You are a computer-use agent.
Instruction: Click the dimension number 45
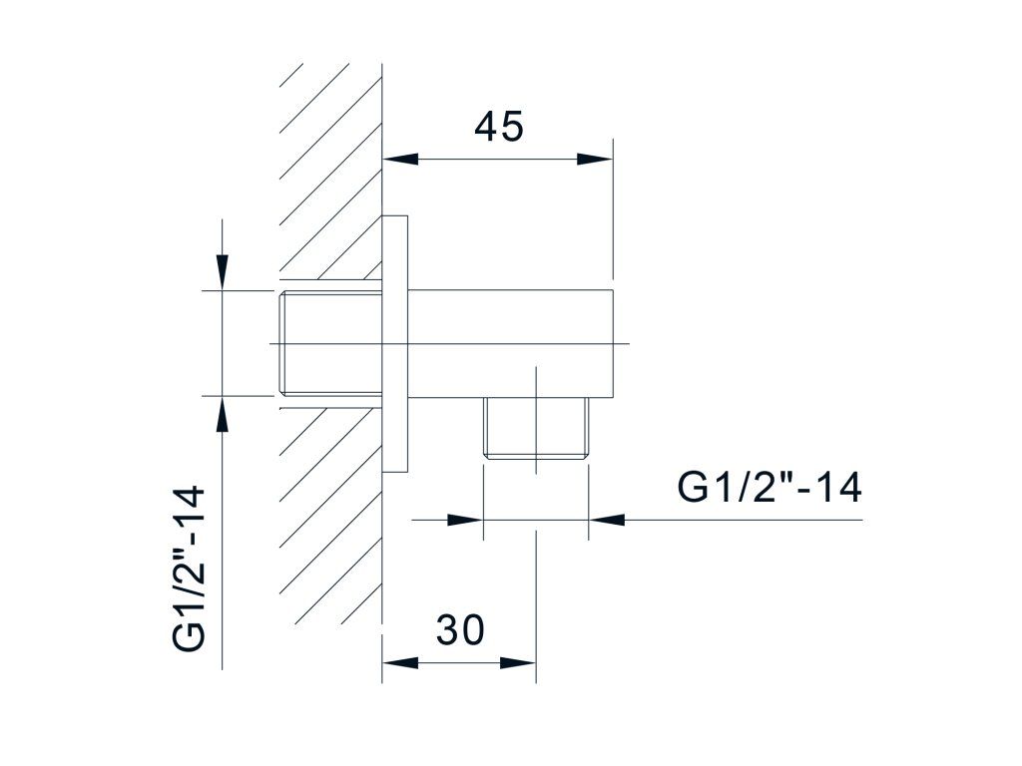pos(499,127)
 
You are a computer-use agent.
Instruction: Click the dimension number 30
pos(460,630)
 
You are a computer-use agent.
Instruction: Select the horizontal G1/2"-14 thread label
pos(769,487)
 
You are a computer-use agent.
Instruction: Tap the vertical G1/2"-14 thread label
pos(189,568)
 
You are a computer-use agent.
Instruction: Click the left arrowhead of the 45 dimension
pos(399,159)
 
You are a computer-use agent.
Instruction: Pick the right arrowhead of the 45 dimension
pos(595,159)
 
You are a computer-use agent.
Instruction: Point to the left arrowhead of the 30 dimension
pos(399,663)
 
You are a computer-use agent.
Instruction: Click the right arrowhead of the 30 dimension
pos(518,663)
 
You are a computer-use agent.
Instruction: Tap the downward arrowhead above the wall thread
pos(223,272)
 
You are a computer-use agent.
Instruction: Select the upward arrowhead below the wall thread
pos(223,413)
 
